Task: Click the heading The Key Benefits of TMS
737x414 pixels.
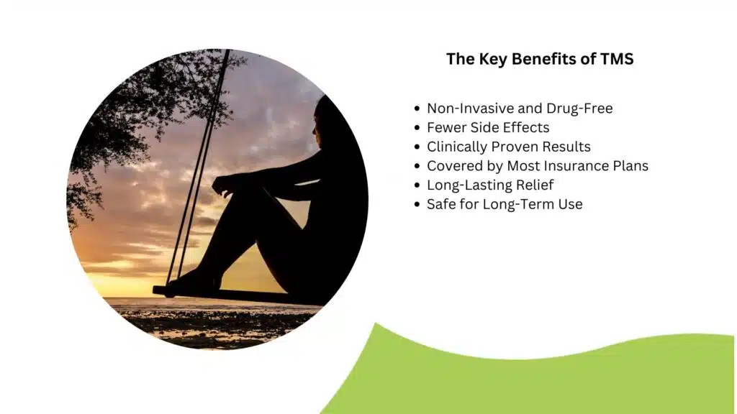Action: pyautogui.click(x=540, y=59)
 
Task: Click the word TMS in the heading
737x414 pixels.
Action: pyautogui.click(x=617, y=59)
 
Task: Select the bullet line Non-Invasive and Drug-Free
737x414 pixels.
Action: pyautogui.click(x=520, y=109)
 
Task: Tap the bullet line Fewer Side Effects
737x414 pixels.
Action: pyautogui.click(x=488, y=128)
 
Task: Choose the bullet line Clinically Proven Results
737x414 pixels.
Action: pyautogui.click(x=509, y=147)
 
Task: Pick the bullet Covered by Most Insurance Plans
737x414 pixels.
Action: pyautogui.click(x=538, y=166)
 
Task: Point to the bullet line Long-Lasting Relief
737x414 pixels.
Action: pyautogui.click(x=490, y=185)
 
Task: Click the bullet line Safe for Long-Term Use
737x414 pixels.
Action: pyautogui.click(x=505, y=204)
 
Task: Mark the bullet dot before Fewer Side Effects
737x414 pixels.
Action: pyautogui.click(x=417, y=128)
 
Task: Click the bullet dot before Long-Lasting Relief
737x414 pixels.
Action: pyautogui.click(x=417, y=185)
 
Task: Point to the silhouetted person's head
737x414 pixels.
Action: pyautogui.click(x=325, y=119)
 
